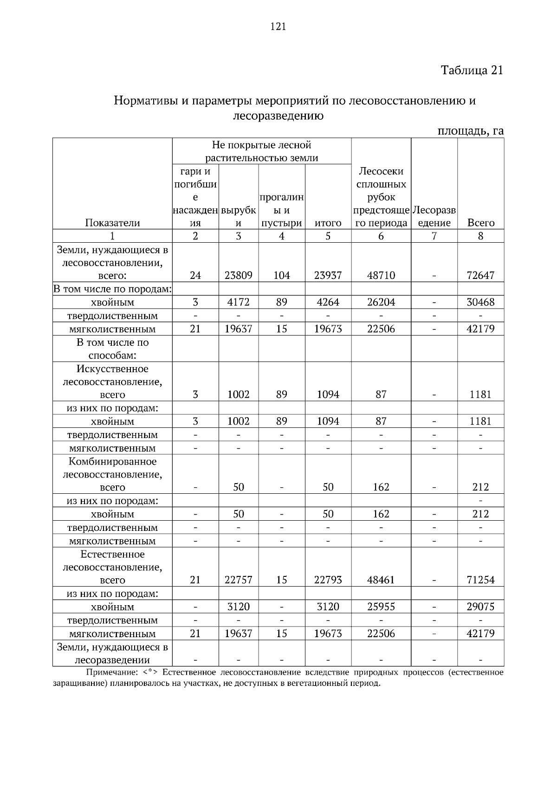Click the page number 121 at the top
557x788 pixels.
tap(278, 26)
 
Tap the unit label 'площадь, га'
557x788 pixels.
tap(471, 131)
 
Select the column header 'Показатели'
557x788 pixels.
tap(112, 223)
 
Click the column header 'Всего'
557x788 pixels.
tap(480, 223)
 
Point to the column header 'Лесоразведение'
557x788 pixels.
tap(434, 216)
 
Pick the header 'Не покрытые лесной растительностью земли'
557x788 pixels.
tap(261, 151)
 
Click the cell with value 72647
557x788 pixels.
tap(480, 275)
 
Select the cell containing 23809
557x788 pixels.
tap(238, 275)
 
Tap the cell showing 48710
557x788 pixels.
tap(381, 275)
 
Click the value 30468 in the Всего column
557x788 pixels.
tap(480, 302)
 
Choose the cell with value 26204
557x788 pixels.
tap(381, 302)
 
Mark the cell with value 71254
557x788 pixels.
tap(480, 580)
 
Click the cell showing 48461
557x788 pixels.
tap(381, 580)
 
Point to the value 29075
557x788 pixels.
tap(480, 607)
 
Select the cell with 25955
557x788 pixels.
tap(381, 607)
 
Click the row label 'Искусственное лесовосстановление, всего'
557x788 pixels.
tap(112, 382)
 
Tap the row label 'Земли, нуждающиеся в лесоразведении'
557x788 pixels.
tap(112, 653)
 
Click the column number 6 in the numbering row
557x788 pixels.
tap(381, 236)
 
